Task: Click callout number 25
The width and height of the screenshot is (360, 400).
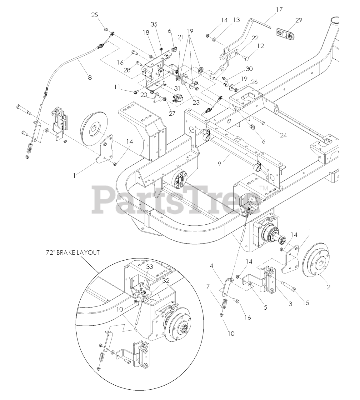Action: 94,15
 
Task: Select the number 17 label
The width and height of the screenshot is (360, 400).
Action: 279,10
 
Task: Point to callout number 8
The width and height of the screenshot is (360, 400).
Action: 90,78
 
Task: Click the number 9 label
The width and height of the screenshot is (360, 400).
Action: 220,163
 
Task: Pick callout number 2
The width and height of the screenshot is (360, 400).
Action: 328,287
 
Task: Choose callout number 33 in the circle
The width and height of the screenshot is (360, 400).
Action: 150,267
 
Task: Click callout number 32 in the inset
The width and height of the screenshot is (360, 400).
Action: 166,281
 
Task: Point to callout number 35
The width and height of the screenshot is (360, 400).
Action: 154,24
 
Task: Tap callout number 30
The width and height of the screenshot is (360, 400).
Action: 249,69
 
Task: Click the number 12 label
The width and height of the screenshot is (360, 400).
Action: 260,46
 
